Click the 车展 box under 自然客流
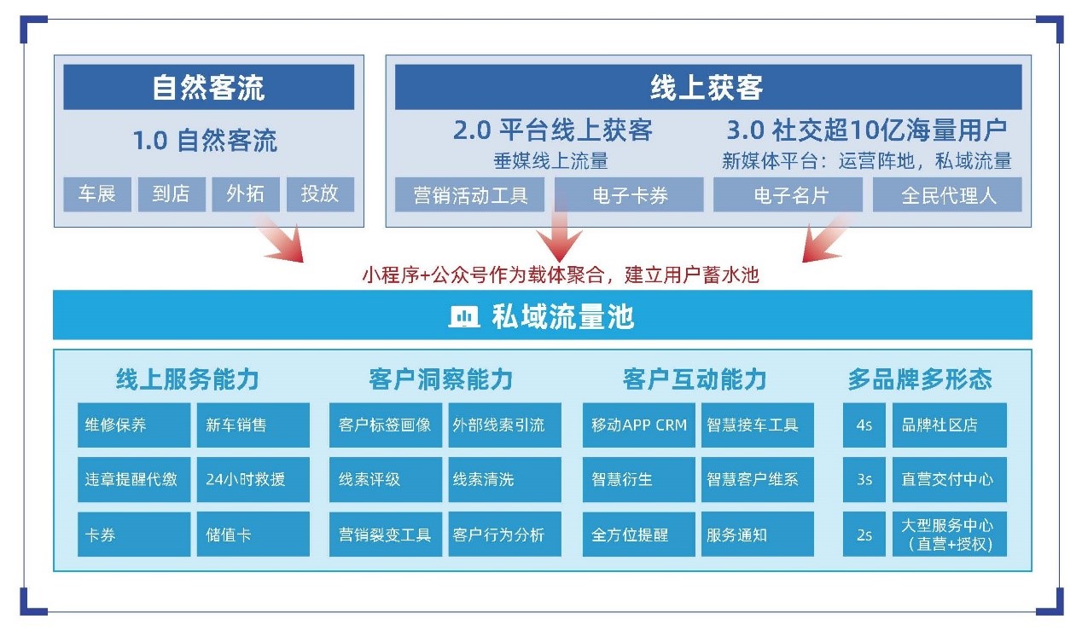click(97, 194)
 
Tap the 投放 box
click(320, 194)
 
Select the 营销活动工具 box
click(469, 194)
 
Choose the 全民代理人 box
click(947, 194)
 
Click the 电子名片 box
click(788, 194)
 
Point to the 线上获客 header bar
click(708, 87)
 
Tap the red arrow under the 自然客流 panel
click(280, 239)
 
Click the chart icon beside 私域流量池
click(463, 317)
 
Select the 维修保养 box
click(134, 425)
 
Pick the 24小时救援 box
click(253, 480)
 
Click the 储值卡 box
click(253, 535)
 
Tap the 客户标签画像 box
click(386, 425)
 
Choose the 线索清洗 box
click(505, 480)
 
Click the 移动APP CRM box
click(638, 425)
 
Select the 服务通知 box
click(758, 535)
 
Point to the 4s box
click(864, 425)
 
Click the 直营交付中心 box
click(950, 480)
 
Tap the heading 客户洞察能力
click(440, 379)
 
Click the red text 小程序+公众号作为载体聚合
click(483, 275)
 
